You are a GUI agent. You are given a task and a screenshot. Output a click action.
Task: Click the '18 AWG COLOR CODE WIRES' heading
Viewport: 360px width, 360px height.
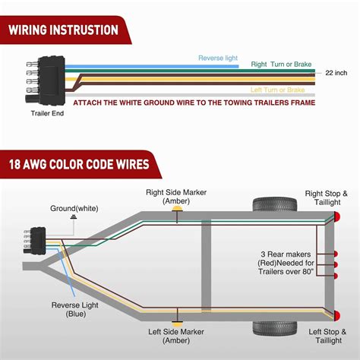point(80,163)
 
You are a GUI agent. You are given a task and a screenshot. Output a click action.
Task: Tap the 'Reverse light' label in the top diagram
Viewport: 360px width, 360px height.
point(219,58)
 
